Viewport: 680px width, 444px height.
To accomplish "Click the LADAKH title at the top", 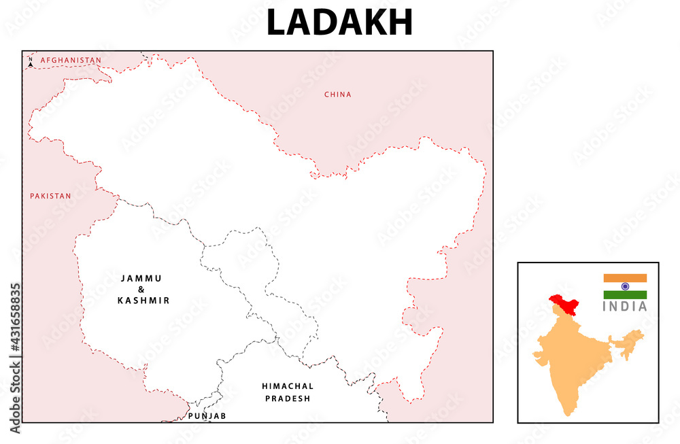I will [339, 23].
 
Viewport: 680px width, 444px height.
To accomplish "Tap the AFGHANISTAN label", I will [71, 61].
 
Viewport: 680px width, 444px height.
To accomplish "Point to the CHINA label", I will [338, 95].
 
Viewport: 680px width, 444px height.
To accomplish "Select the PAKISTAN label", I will [50, 196].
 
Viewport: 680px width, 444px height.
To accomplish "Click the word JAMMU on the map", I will [141, 278].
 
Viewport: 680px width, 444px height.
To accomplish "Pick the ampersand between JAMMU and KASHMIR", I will [141, 289].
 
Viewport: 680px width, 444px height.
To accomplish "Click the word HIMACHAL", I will [288, 386].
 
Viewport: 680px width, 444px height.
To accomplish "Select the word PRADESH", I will [288, 398].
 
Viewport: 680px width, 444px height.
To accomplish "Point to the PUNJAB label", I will [207, 415].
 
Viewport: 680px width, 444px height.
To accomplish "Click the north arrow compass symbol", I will [30, 63].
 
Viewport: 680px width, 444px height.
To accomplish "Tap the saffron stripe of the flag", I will [625, 278].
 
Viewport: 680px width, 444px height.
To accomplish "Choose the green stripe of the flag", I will [625, 294].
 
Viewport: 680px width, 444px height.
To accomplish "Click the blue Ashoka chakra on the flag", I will [625, 286].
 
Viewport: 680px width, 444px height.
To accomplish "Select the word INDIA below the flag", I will [625, 307].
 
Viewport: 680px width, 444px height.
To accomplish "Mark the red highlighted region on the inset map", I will [564, 303].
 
